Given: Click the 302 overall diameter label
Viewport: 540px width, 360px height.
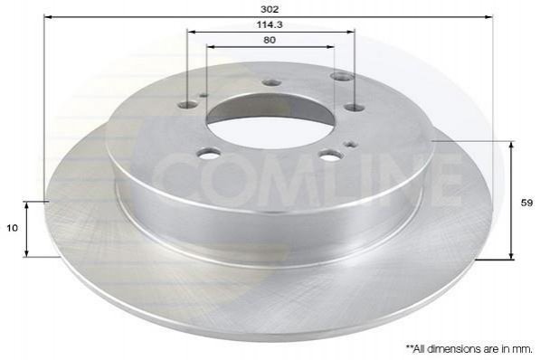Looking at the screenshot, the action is click(x=270, y=9).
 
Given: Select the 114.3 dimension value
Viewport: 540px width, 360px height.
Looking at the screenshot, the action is click(x=270, y=24).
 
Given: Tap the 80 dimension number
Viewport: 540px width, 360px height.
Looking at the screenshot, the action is click(x=270, y=40).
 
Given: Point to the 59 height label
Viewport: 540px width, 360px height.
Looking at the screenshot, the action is click(x=526, y=203).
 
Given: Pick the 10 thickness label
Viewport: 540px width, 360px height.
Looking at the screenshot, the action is click(x=12, y=228).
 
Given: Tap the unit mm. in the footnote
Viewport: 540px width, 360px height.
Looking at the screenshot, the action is click(x=524, y=349).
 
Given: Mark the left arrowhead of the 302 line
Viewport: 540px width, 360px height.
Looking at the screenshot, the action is click(x=48, y=17).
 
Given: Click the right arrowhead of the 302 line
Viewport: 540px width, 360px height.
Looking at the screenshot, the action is click(x=488, y=17).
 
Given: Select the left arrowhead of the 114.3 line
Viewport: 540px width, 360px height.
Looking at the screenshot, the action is click(x=191, y=32).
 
